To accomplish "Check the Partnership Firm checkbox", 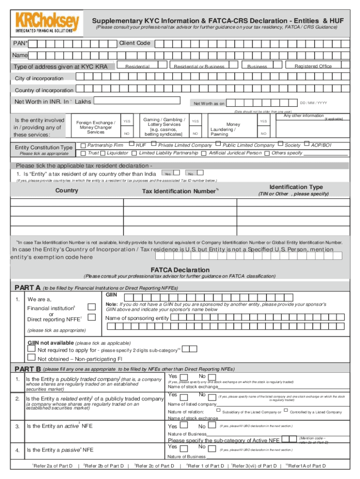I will click(x=83, y=145).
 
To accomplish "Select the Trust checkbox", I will click(x=83, y=153).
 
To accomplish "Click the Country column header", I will click(x=66, y=190).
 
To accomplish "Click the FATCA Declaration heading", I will click(x=180, y=270).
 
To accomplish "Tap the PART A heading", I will click(x=28, y=288).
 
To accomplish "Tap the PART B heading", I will click(x=28, y=369).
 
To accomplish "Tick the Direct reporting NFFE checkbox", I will click(x=92, y=318).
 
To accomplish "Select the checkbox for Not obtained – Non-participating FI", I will click(x=32, y=358).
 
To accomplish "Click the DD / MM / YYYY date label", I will click(x=313, y=103).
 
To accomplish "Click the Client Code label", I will click(x=135, y=43).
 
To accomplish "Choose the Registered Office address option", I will click(x=313, y=66).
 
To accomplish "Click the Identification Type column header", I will click(x=295, y=187).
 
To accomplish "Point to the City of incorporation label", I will click(x=39, y=78).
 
